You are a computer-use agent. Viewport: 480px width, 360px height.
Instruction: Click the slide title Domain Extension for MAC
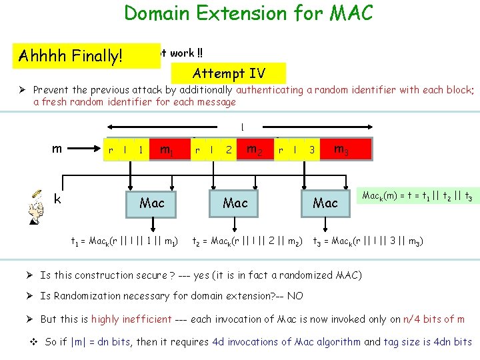[x=249, y=13]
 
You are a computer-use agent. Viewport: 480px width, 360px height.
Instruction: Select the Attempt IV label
[x=229, y=73]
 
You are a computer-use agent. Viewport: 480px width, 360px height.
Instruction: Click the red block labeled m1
[x=167, y=149]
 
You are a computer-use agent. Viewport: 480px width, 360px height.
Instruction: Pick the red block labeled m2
[x=253, y=149]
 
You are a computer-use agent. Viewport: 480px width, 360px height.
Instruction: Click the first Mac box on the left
[x=152, y=203]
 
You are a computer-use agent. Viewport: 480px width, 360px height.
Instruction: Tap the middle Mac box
[x=235, y=203]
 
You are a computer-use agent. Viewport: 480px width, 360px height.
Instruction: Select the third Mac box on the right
[x=325, y=203]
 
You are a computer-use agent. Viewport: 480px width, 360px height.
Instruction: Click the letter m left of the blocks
[x=57, y=148]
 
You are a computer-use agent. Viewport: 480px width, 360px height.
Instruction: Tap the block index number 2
[x=229, y=150]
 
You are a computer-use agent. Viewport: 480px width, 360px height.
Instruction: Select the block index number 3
[x=311, y=150]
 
